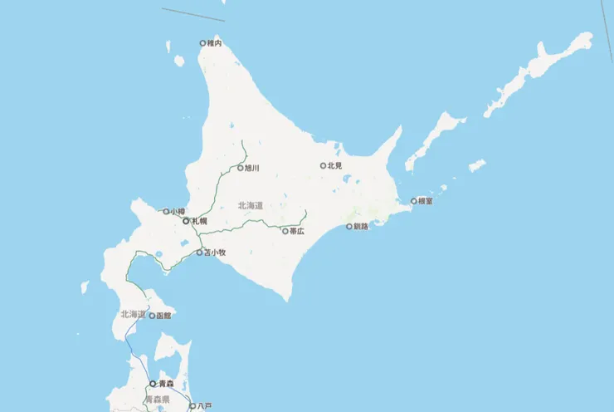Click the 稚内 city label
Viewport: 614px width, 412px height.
215,43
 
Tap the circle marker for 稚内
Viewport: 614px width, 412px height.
202,43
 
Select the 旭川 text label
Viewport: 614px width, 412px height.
252,168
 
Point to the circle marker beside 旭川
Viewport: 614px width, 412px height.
240,168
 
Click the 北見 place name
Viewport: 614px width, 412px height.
335,166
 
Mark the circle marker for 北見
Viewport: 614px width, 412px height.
324,166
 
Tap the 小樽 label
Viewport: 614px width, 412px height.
178,212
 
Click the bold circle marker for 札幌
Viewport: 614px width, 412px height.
186,222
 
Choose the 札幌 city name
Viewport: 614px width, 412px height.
199,222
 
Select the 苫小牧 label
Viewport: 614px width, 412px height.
215,253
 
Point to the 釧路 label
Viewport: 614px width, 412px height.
360,226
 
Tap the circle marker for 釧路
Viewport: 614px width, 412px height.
348,226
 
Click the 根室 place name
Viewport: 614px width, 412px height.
426,201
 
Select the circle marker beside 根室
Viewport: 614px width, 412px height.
414,201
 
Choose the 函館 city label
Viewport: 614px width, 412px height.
163,316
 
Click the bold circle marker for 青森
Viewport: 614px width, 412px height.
152,384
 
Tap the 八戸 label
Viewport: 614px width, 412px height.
204,406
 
